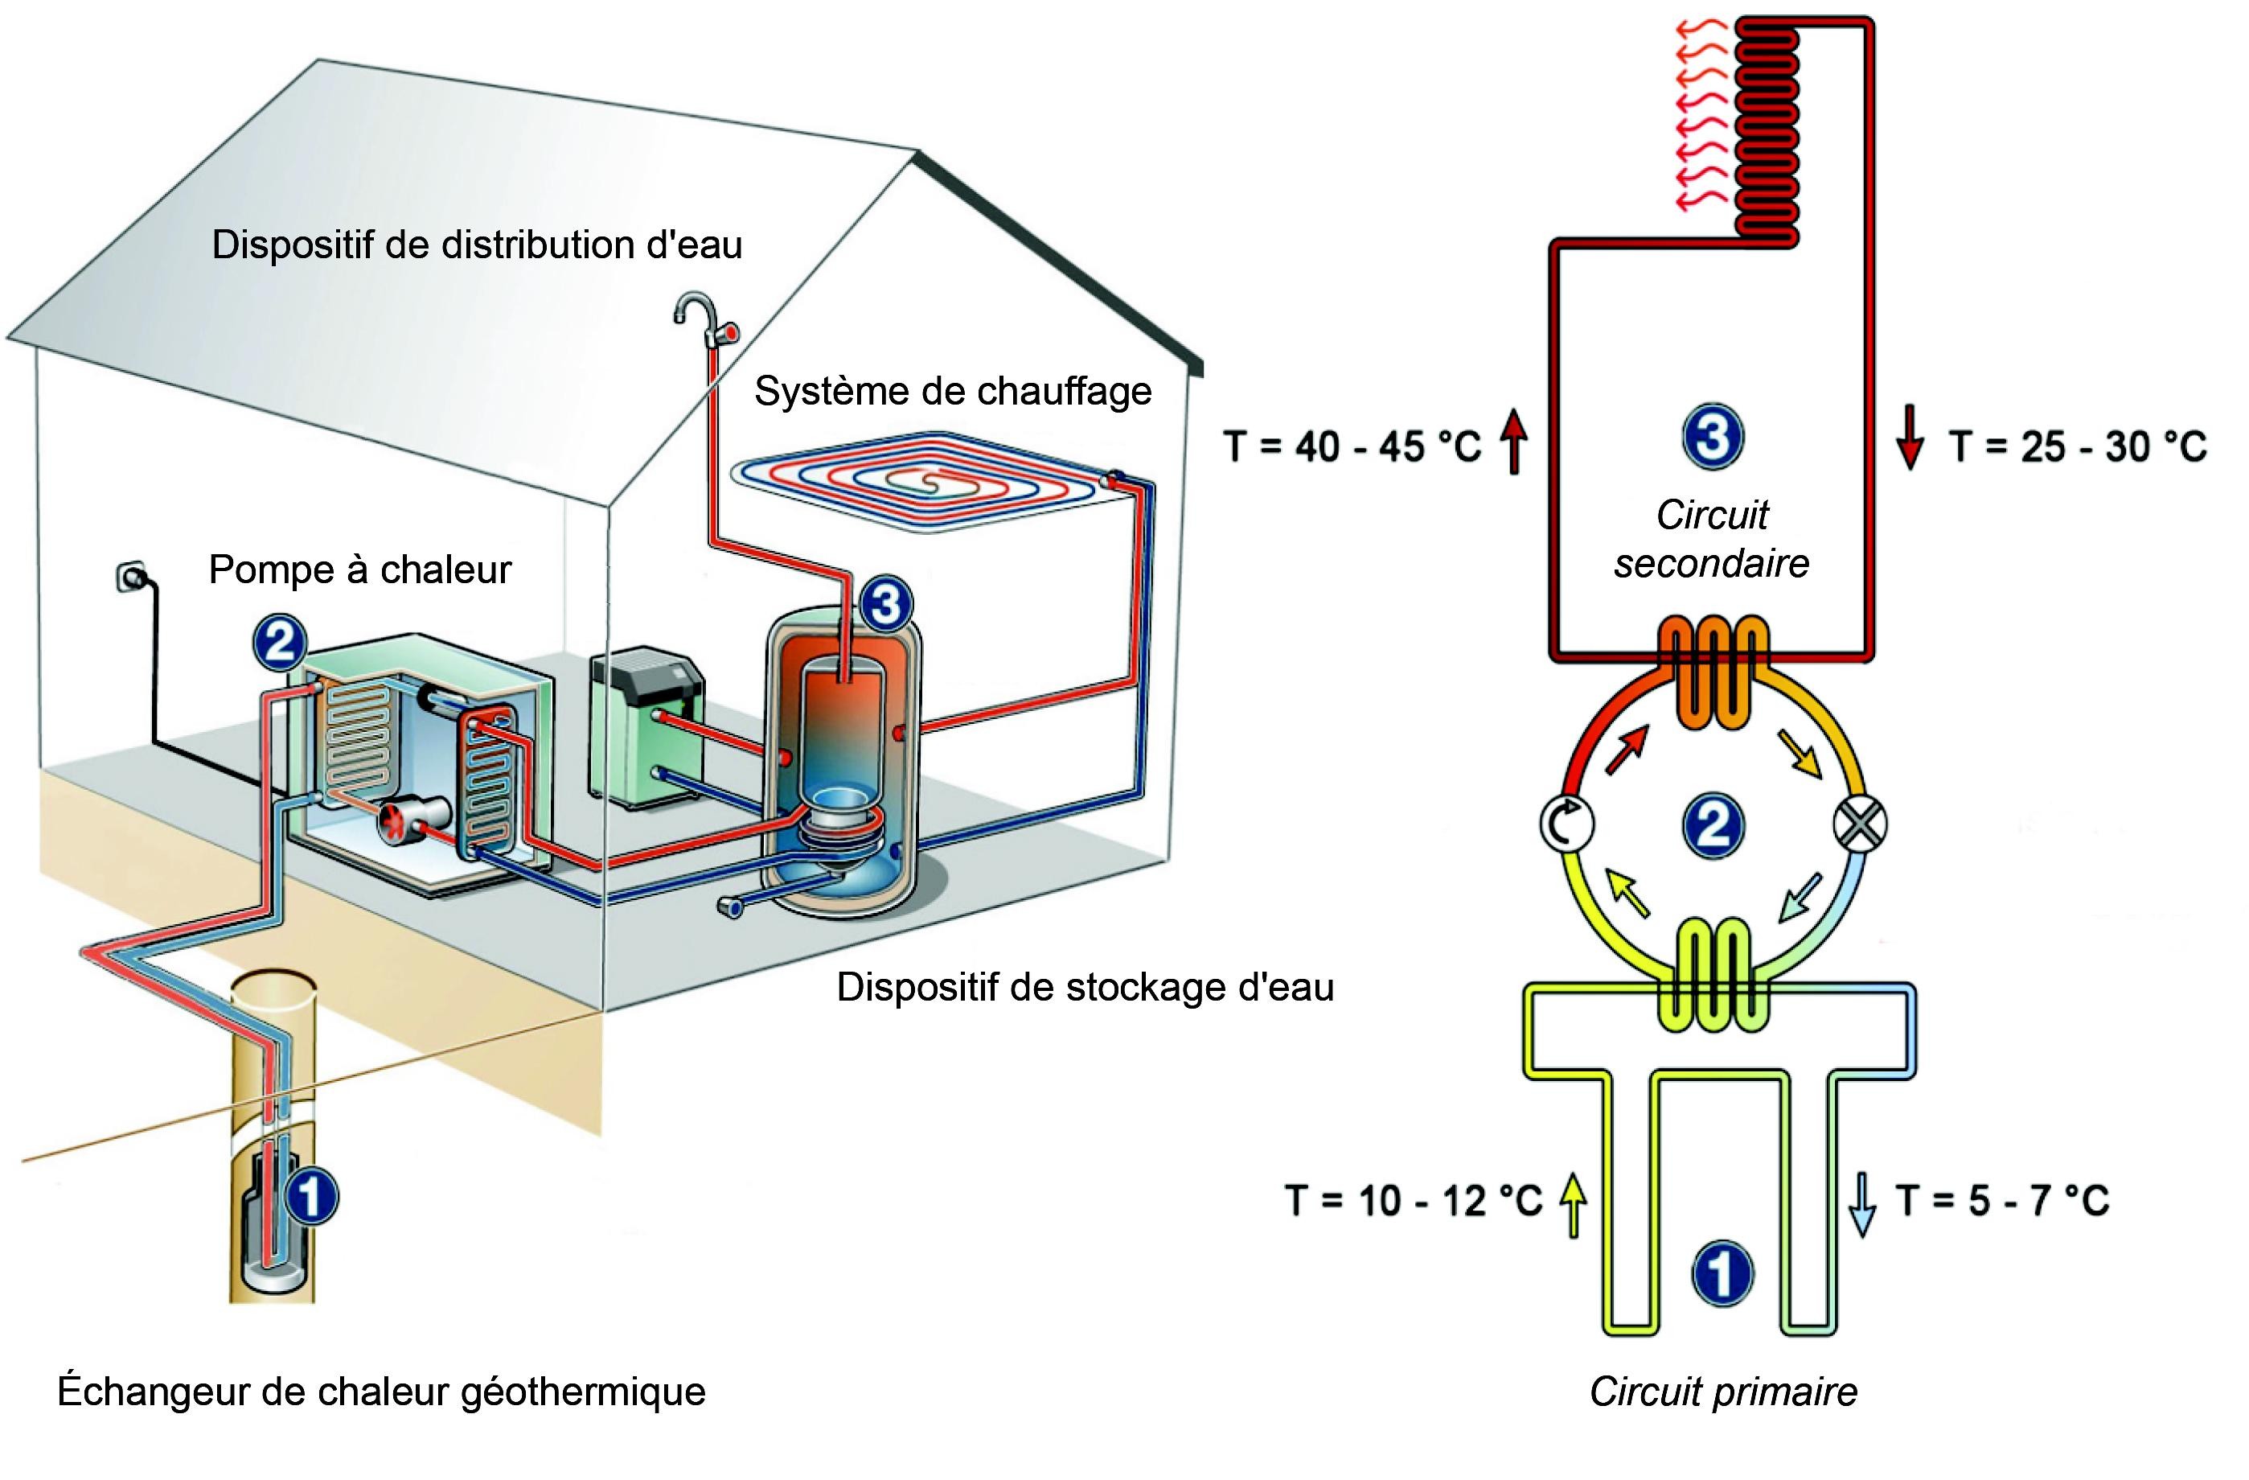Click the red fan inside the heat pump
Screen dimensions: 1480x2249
point(392,821)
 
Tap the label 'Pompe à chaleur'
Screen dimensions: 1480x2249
point(359,570)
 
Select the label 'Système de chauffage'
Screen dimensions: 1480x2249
point(953,391)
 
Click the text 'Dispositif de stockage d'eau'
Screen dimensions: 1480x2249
point(1085,988)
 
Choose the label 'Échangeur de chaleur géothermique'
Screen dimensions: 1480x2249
point(381,1392)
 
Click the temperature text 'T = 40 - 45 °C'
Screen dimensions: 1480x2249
point(1352,446)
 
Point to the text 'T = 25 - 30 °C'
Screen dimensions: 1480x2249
point(2077,446)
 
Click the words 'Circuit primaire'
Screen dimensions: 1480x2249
point(1722,1392)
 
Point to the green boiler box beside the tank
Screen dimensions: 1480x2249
point(647,728)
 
